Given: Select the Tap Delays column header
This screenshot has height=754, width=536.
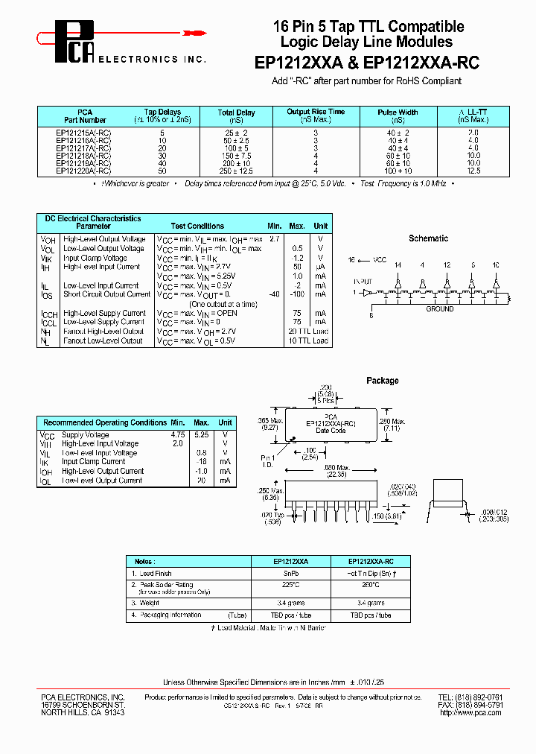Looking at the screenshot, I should (162, 116).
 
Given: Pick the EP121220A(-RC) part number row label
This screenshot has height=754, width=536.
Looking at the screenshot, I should (83, 171).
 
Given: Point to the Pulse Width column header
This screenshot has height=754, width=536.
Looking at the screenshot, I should (398, 116).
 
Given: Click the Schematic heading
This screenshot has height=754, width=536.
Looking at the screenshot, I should (428, 238).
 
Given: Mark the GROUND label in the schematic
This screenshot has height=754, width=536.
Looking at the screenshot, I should (439, 308).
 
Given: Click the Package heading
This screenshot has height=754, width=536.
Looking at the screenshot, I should (382, 381).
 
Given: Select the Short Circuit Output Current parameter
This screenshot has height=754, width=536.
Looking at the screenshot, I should (106, 294).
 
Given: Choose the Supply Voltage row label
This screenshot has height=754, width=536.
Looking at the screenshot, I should (85, 435).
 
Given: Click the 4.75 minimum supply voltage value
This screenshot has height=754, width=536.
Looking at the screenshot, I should (177, 435).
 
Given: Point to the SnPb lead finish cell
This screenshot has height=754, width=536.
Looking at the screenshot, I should (291, 574).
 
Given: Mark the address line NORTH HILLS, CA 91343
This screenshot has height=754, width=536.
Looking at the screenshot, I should (83, 713).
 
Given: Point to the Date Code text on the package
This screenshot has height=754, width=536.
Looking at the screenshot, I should (331, 431).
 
